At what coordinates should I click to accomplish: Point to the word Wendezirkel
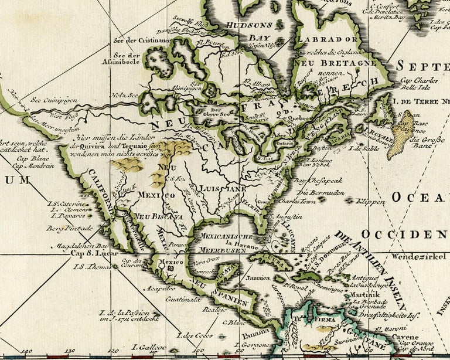tap(417, 256)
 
